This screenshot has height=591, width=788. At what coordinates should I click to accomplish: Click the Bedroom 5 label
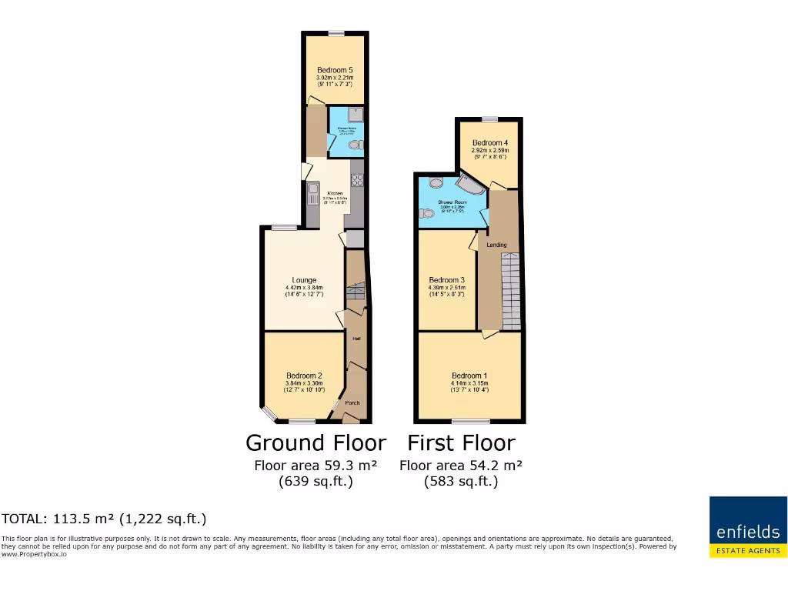click(x=335, y=70)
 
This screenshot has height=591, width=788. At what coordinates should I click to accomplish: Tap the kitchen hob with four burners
click(x=357, y=181)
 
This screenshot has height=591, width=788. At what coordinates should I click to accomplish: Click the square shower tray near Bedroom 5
click(x=356, y=115)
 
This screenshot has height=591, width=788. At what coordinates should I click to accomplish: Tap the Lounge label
click(x=304, y=280)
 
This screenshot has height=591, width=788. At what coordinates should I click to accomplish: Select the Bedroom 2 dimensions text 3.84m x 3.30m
click(x=304, y=383)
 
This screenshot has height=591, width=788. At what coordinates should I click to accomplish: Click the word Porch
click(x=352, y=402)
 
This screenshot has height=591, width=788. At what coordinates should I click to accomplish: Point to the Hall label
click(x=356, y=339)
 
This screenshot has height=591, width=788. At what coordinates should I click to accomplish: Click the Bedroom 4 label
click(x=490, y=143)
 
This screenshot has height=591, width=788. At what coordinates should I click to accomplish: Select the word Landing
click(x=496, y=245)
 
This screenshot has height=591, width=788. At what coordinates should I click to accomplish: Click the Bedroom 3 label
click(x=447, y=280)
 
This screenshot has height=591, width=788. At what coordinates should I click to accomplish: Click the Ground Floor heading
click(x=316, y=443)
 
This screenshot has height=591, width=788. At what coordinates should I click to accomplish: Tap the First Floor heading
click(x=461, y=443)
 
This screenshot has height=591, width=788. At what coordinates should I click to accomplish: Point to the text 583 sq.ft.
click(x=461, y=482)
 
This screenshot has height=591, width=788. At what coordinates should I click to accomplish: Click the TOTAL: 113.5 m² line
click(x=104, y=519)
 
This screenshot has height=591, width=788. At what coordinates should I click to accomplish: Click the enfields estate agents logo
click(x=748, y=526)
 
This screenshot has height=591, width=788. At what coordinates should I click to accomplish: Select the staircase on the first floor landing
click(x=511, y=292)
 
